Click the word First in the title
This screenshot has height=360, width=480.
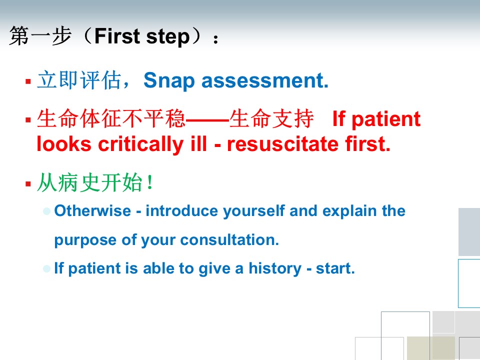[x=117, y=36]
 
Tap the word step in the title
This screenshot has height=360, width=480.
[x=168, y=37]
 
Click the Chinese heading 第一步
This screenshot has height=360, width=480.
[x=40, y=36]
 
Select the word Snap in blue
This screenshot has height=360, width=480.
[x=169, y=81]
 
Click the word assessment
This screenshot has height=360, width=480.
[x=265, y=80]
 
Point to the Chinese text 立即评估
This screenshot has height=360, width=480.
[x=79, y=80]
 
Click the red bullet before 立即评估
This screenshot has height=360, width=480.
[x=28, y=81]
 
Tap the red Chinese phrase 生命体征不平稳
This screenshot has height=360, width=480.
[x=111, y=118]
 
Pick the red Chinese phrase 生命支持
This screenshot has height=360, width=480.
[x=271, y=118]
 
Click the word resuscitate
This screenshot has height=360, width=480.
[x=283, y=143]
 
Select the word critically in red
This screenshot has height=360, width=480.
[x=140, y=144]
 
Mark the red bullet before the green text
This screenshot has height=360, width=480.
[x=28, y=183]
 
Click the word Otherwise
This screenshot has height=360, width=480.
[x=92, y=211]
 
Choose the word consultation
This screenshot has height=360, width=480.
[x=229, y=239]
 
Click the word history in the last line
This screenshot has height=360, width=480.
[x=275, y=269]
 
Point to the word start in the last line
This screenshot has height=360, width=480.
[x=335, y=268]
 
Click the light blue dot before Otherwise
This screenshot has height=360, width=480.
[x=47, y=211]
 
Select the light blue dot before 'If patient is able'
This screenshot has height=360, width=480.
[x=47, y=269]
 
